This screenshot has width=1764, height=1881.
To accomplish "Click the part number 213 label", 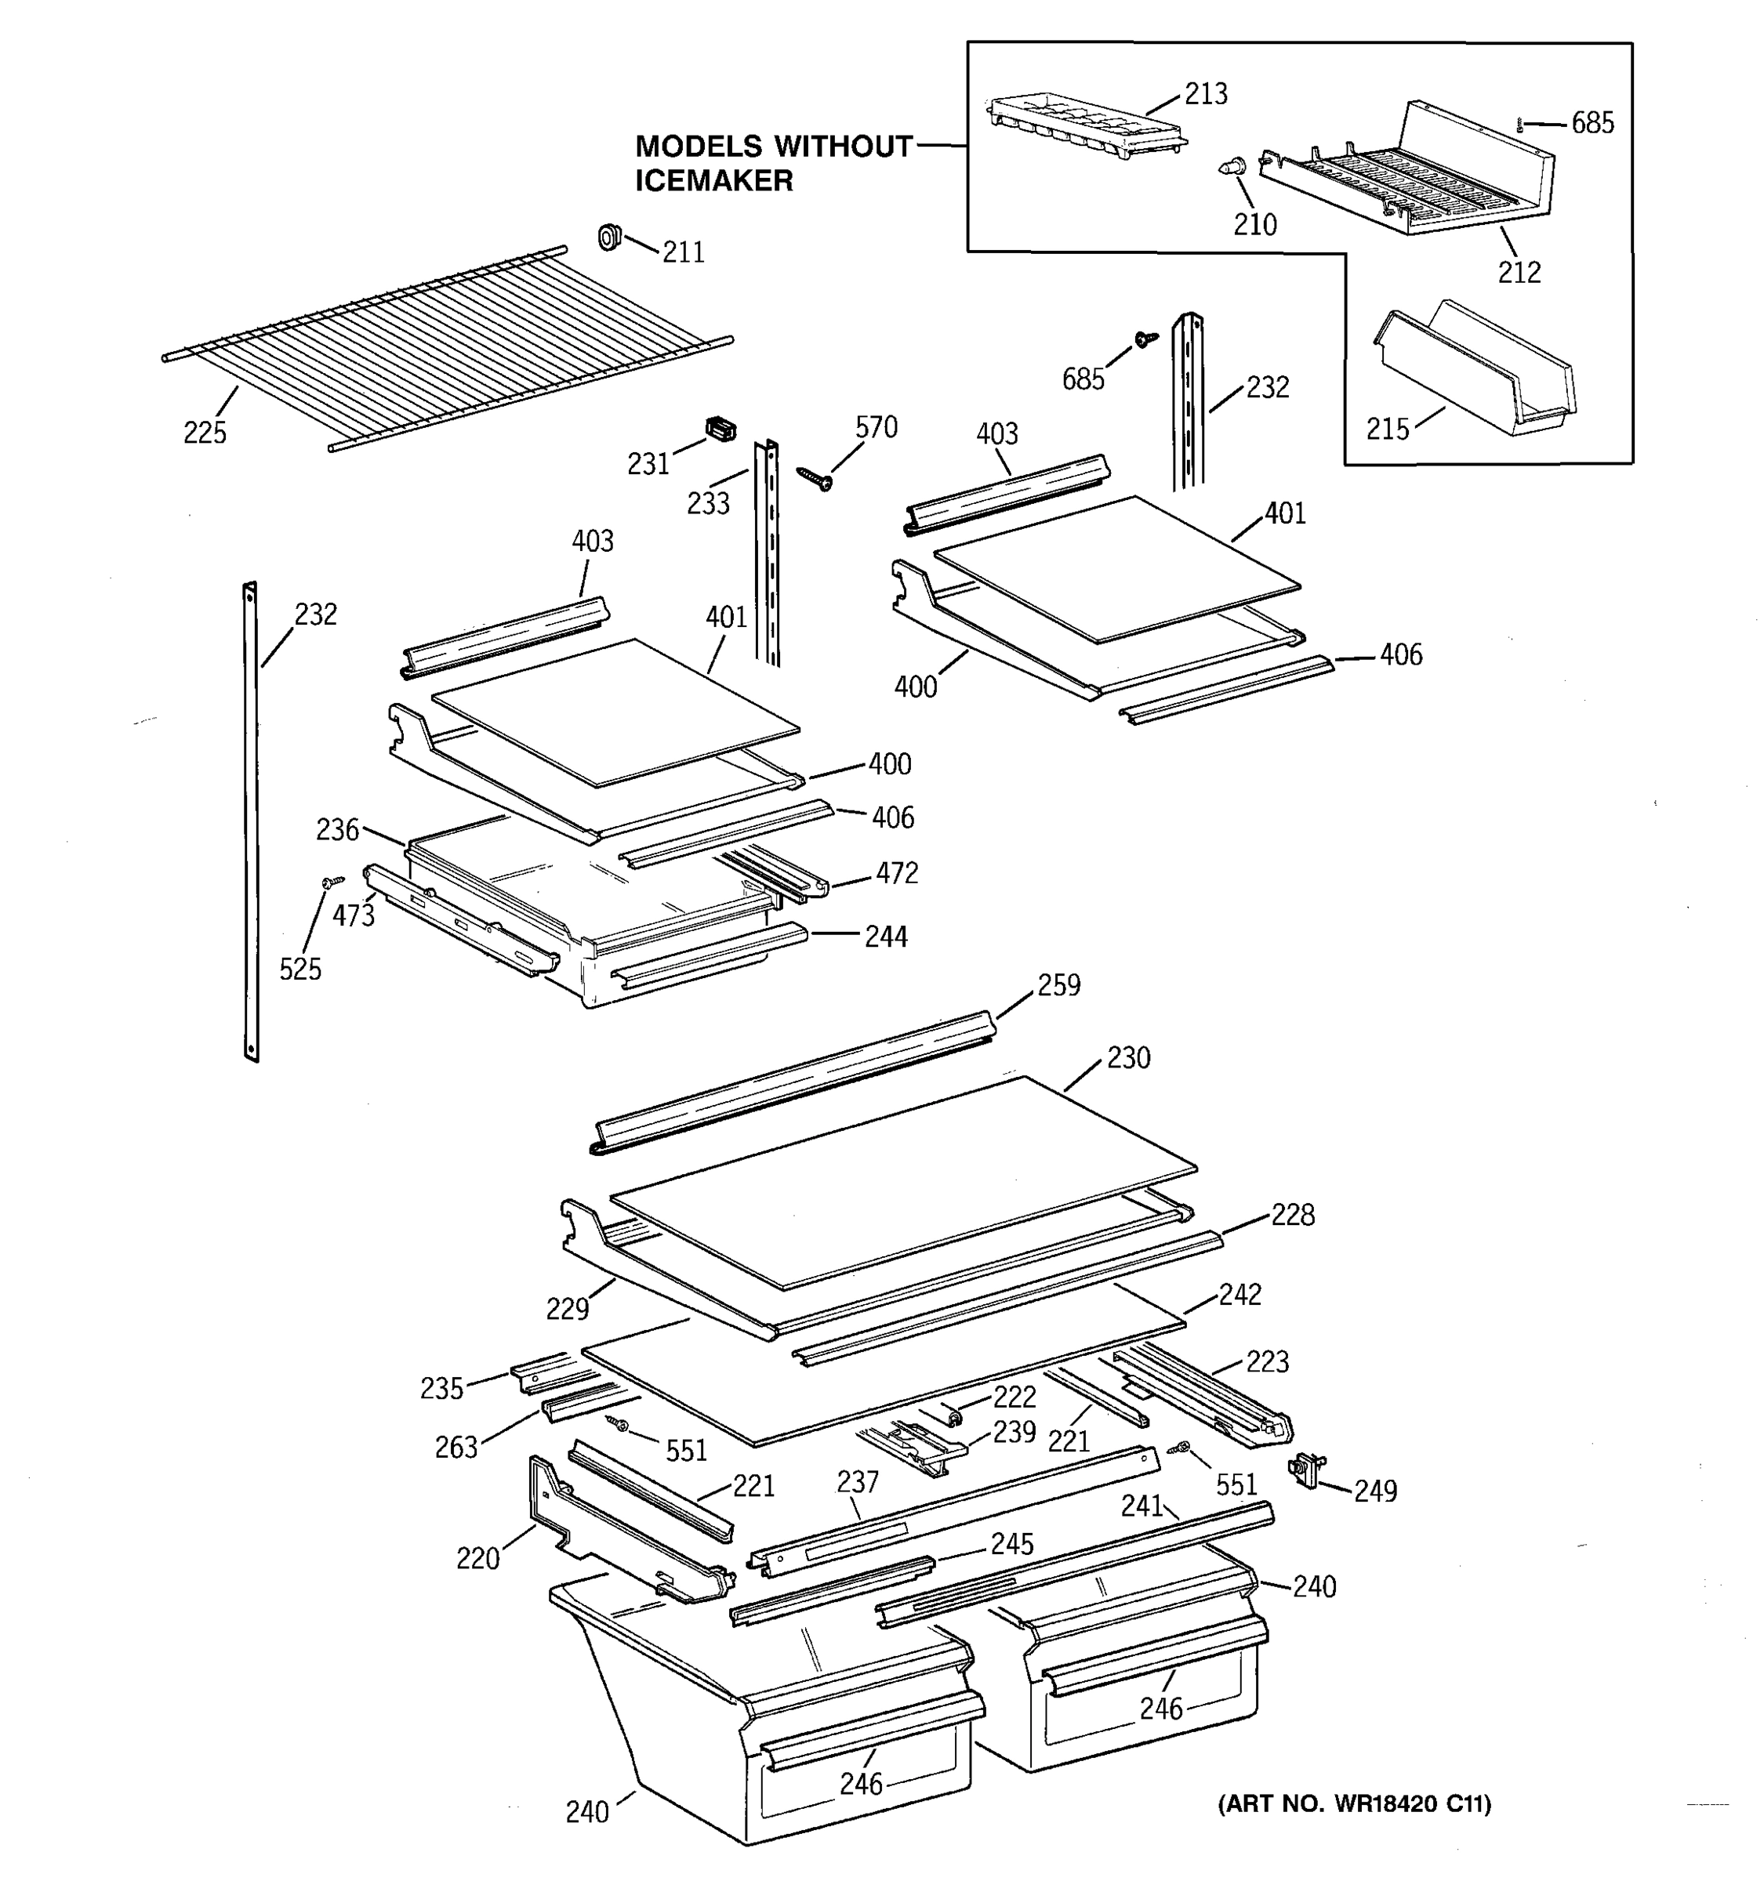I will pos(1206,94).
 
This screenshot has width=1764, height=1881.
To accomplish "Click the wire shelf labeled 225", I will pos(445,346).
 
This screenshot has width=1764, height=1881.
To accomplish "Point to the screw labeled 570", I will pos(814,478).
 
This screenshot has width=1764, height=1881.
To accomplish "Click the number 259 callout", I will pos(1058,985).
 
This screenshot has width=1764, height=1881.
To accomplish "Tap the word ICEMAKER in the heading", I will pos(713,181).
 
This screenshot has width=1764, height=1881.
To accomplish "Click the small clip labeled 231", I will pos(720,430).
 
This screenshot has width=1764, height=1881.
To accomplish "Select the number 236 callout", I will pos(337,830).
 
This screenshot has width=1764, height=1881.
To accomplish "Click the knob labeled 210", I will pos(1229,169).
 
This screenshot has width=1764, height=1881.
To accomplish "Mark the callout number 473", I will pos(353,916).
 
